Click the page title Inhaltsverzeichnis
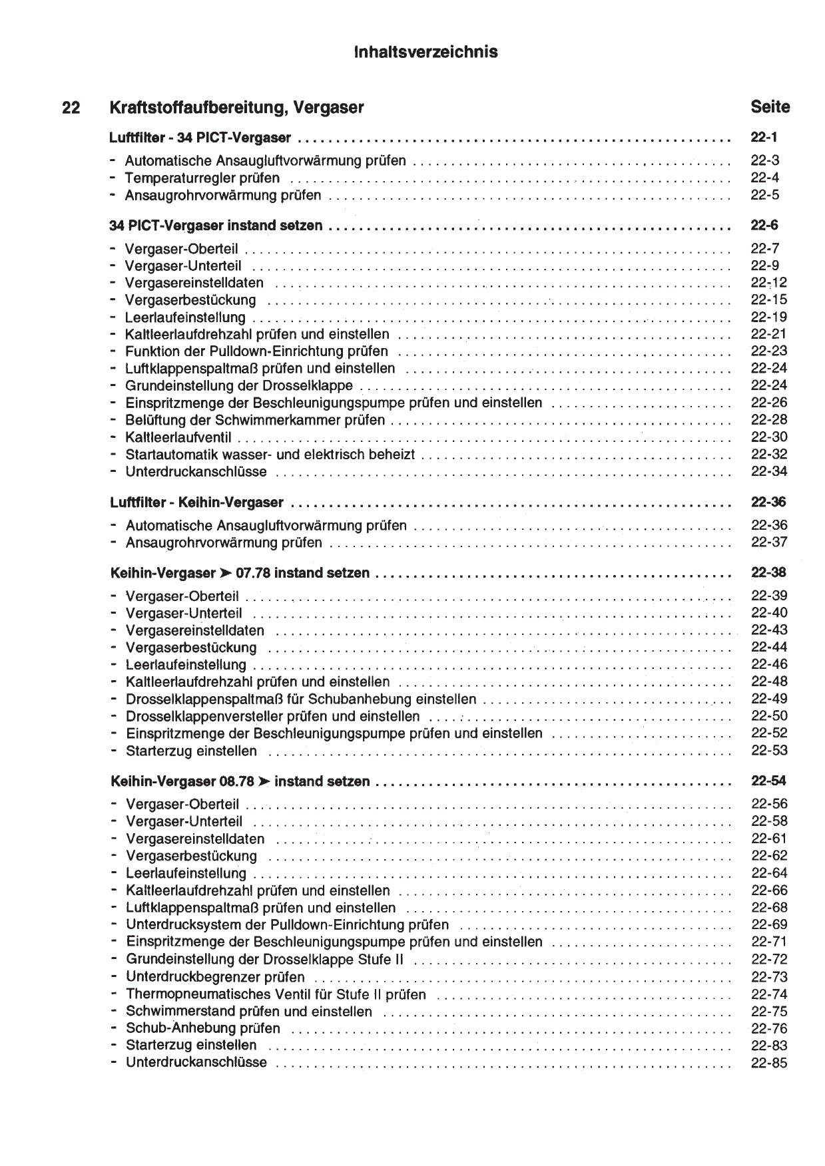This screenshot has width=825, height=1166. (426, 52)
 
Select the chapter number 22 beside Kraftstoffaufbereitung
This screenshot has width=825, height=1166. (71, 107)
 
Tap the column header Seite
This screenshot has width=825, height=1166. (770, 106)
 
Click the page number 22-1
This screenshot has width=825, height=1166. (764, 138)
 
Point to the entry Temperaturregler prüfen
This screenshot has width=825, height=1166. (202, 178)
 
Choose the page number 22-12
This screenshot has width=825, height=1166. (768, 283)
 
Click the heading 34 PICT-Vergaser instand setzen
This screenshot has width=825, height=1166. (216, 226)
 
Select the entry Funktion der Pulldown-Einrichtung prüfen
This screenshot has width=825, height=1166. (256, 351)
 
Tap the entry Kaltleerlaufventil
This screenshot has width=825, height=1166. (178, 437)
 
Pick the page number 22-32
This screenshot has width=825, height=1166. (768, 455)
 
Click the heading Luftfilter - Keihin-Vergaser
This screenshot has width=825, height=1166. (196, 502)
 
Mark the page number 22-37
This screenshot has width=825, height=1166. (769, 542)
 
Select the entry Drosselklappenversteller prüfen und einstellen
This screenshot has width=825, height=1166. (273, 717)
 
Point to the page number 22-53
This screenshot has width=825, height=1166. (769, 751)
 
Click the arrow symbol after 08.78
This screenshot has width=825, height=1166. (264, 782)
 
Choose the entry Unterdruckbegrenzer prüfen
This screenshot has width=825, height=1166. (215, 978)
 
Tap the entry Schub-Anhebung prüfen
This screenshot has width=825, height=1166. (203, 1029)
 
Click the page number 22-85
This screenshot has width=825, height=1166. (769, 1064)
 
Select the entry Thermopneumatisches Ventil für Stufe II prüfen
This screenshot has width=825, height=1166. (276, 995)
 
